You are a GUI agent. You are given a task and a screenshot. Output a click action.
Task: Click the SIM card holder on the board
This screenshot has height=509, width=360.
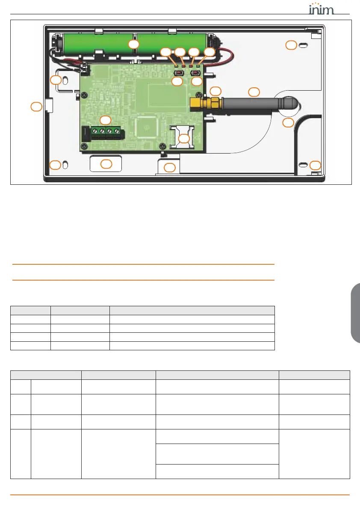182,136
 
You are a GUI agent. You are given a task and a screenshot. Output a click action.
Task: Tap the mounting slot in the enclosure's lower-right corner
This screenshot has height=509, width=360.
303,165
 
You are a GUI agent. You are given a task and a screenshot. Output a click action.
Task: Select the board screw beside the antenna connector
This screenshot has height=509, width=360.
198,95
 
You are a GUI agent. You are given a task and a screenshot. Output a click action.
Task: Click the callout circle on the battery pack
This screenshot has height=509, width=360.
134,44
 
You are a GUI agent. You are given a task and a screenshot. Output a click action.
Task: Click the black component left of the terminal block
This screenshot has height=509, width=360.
85,133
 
